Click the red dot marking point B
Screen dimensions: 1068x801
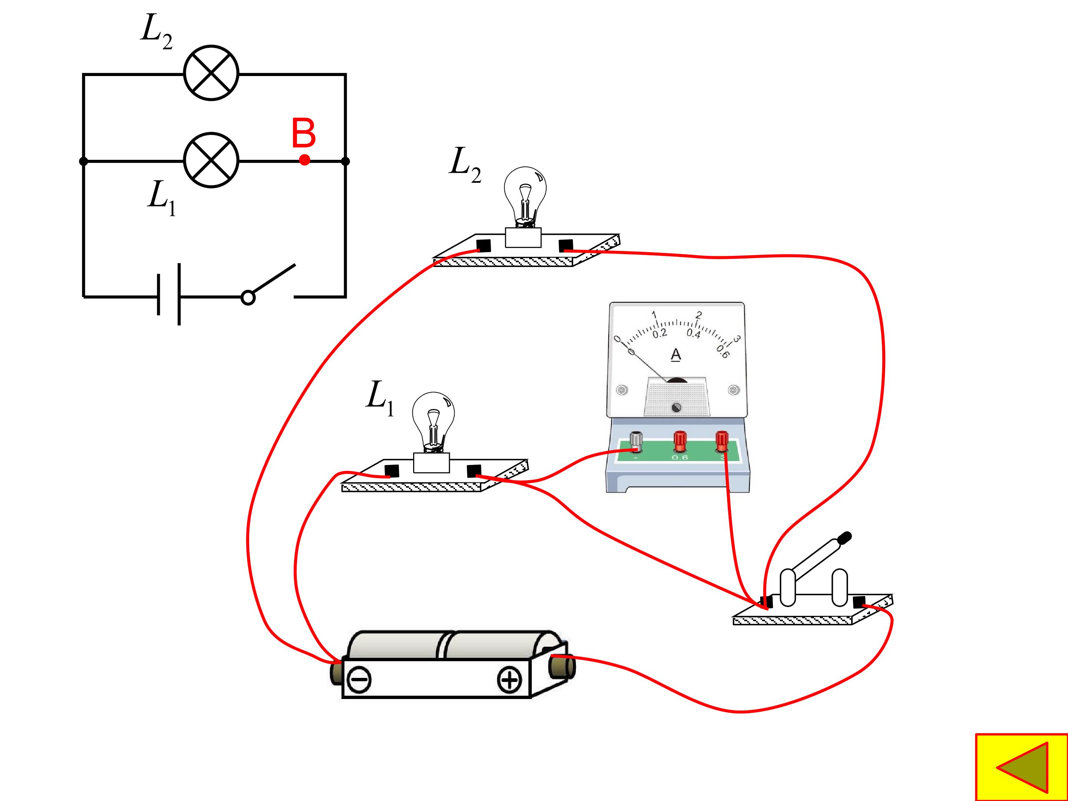[304, 160]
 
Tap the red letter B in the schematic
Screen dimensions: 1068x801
[304, 133]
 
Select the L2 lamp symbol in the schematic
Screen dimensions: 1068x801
[211, 73]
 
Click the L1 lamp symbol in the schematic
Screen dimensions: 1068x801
[211, 160]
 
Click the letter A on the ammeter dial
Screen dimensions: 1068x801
[676, 355]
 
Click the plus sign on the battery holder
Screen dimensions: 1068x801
[510, 680]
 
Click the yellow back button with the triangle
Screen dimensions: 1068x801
[1021, 768]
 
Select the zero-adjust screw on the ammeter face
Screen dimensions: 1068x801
[676, 408]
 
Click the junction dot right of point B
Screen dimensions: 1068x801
[345, 161]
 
